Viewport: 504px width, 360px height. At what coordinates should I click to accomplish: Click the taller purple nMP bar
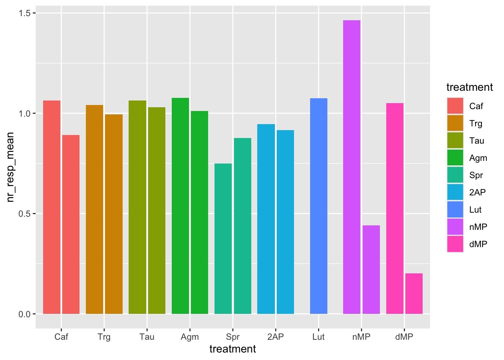click(x=351, y=167)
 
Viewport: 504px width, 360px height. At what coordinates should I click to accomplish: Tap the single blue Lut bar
click(x=319, y=206)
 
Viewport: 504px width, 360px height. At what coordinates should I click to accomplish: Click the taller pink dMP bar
click(x=394, y=208)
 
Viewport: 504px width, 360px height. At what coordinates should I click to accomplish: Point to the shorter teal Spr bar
click(x=223, y=238)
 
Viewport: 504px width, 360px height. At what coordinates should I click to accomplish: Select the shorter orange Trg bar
click(x=114, y=214)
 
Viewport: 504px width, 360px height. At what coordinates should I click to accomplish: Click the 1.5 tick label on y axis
click(x=24, y=13)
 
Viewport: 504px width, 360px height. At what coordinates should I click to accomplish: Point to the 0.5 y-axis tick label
click(x=24, y=214)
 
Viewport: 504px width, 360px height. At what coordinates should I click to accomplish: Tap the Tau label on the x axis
click(x=147, y=337)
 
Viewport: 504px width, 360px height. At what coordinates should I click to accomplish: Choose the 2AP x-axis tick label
click(x=276, y=337)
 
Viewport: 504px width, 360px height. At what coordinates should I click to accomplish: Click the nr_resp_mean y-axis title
click(x=10, y=167)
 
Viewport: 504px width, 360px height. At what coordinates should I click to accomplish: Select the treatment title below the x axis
click(x=232, y=349)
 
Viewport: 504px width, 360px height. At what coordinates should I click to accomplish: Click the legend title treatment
click(x=469, y=87)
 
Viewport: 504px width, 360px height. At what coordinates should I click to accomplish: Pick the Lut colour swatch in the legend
click(x=455, y=210)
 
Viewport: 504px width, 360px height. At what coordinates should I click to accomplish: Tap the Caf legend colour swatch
click(x=455, y=106)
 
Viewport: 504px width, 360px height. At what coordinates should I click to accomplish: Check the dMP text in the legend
click(x=478, y=244)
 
